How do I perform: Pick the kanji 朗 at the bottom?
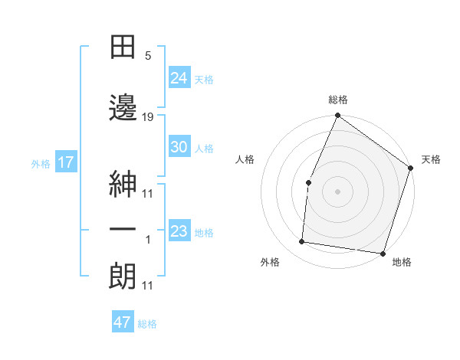[123, 275]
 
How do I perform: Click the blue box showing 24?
[179, 78]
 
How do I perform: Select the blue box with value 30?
[179, 147]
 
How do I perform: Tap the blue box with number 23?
[179, 232]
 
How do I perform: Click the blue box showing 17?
[65, 162]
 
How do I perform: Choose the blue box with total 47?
[123, 322]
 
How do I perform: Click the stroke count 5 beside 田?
[148, 56]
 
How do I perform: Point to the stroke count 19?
[148, 116]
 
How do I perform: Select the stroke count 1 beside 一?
[148, 240]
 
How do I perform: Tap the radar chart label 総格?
[337, 100]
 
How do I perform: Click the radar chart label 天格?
[431, 159]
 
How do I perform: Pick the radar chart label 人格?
[245, 159]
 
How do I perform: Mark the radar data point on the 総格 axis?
[337, 116]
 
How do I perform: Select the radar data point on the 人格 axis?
[308, 182]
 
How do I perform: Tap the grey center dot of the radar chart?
[337, 191]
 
